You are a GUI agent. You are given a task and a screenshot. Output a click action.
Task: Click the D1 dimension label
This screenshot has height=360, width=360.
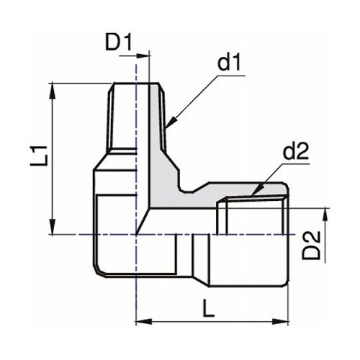coord(119,42)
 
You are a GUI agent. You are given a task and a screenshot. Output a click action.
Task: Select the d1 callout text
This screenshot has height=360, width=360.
coord(229,63)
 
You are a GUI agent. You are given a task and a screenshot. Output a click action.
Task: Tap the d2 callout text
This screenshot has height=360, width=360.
coord(294,152)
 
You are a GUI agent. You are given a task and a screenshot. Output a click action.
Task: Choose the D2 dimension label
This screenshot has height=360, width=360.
coord(311,245)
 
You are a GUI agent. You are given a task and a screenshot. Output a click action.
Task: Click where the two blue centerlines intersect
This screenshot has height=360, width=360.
coord(136,234)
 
